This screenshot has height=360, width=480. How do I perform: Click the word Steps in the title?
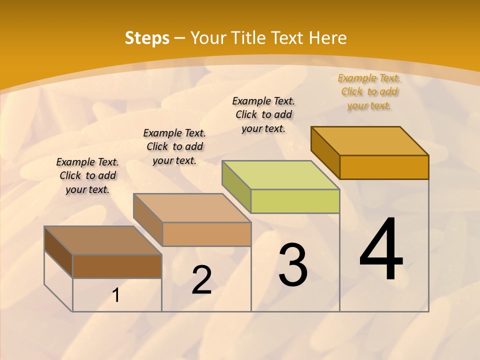click(147, 38)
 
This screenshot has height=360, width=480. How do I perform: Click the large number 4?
click(381, 249)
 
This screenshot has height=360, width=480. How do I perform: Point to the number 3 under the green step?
click(292, 264)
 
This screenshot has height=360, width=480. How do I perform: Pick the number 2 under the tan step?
click(201, 280)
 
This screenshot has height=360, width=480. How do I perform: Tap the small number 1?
click(116, 295)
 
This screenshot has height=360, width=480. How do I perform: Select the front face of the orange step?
click(384, 167)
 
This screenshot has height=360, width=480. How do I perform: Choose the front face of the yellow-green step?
click(295, 201)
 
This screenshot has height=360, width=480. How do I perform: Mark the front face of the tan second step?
click(206, 234)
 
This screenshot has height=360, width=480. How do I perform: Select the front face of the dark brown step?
click(117, 266)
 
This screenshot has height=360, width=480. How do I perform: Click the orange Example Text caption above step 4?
click(369, 91)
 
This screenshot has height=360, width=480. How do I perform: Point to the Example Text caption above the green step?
click(263, 114)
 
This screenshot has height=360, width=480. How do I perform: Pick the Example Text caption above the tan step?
click(174, 146)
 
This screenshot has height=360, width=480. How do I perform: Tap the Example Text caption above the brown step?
click(87, 175)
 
